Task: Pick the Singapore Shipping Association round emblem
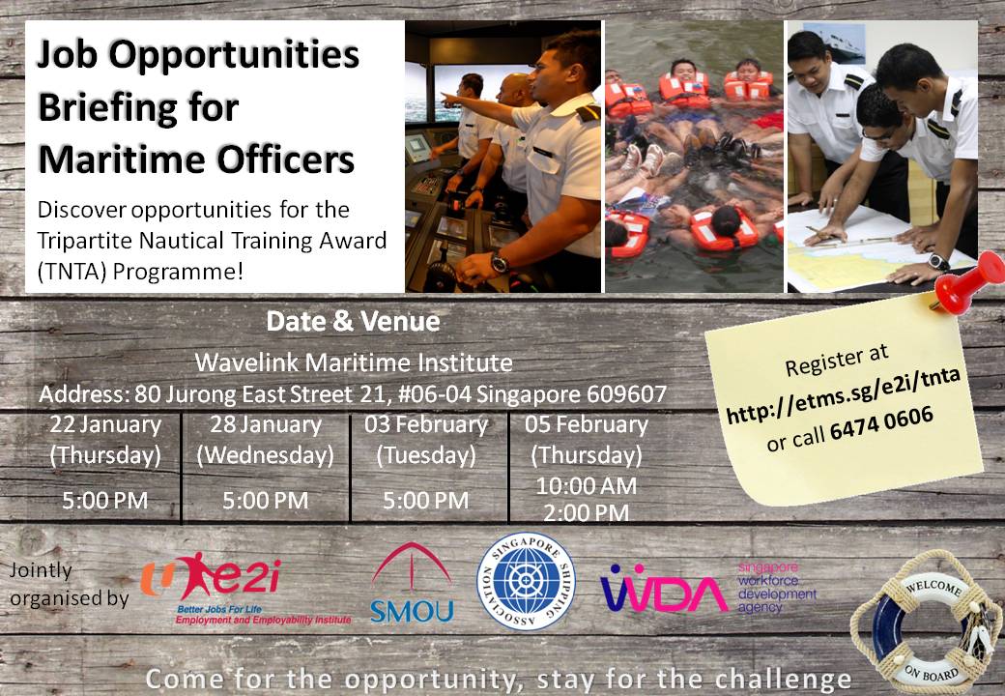(x=527, y=581)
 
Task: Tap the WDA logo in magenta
(x=665, y=588)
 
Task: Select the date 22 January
(x=104, y=425)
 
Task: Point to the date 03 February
(x=425, y=425)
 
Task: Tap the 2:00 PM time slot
(x=585, y=512)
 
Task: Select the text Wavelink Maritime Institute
(x=353, y=362)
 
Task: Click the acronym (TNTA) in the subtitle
(x=72, y=272)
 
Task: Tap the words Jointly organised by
(x=68, y=584)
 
